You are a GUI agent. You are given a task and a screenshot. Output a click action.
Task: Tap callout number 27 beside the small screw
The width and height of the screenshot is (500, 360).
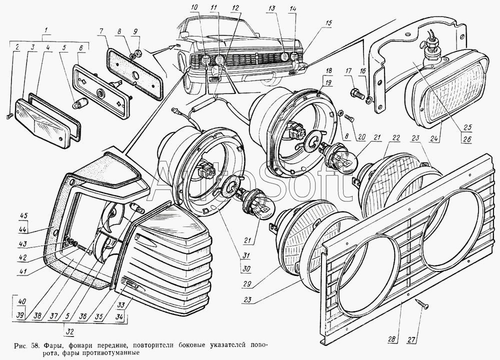[411, 339]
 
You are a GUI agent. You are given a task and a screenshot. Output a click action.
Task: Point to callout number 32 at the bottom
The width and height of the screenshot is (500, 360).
[70, 331]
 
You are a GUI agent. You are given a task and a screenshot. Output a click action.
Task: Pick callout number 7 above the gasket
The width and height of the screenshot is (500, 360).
[101, 31]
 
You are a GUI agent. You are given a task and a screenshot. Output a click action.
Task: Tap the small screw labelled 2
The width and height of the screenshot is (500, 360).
[8, 117]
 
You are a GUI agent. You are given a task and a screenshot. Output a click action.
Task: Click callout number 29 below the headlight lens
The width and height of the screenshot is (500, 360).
[246, 284]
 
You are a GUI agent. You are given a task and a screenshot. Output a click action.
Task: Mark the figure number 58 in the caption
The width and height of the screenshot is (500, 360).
[35, 345]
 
